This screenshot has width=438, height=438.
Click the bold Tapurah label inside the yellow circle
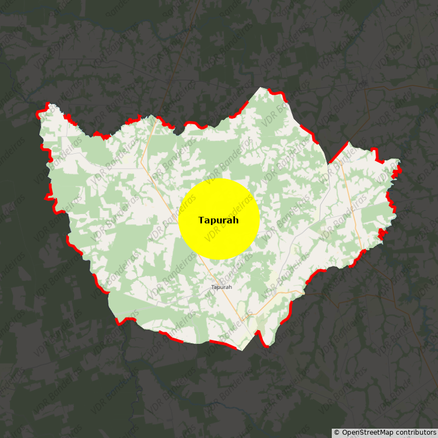(218, 220)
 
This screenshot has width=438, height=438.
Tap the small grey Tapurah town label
(222, 287)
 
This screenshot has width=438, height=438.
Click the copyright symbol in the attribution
(337, 433)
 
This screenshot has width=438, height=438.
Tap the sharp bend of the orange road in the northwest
(141, 160)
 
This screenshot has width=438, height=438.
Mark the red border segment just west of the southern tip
(222, 344)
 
